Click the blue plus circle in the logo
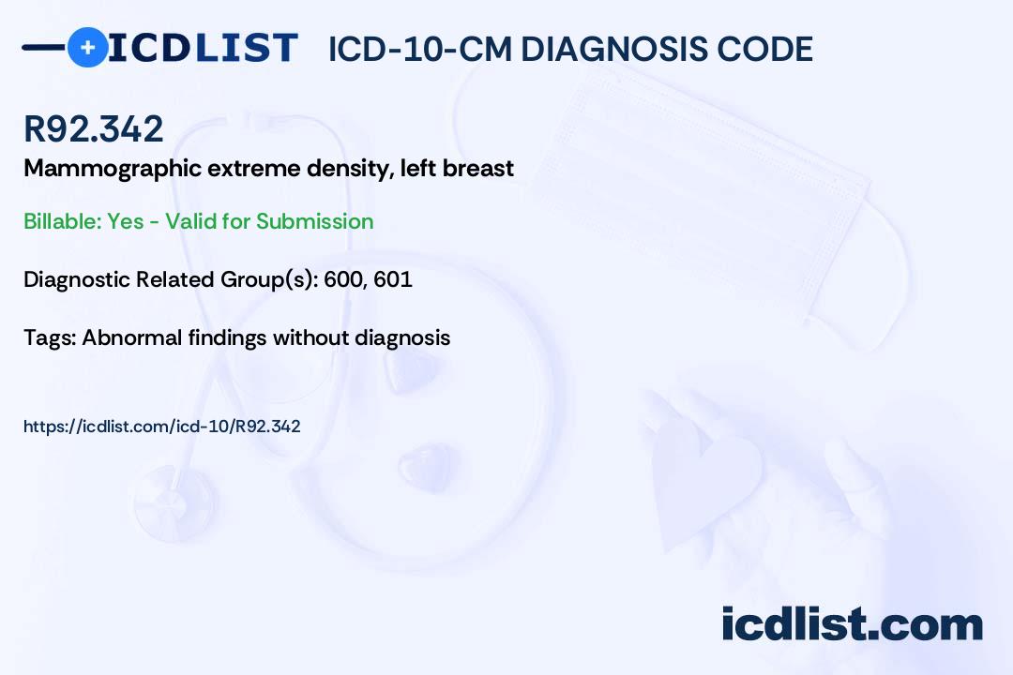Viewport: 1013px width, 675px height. click(87, 47)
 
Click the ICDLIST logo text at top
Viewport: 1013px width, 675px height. click(204, 47)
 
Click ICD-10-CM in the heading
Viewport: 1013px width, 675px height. click(418, 49)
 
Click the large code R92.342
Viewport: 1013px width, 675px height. click(94, 129)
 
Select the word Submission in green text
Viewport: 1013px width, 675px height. click(315, 221)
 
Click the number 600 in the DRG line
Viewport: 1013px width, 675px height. click(346, 279)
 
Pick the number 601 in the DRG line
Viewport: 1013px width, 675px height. click(394, 279)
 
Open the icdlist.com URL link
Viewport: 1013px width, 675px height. click(161, 427)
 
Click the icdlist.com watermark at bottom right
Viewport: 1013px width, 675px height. click(852, 623)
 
